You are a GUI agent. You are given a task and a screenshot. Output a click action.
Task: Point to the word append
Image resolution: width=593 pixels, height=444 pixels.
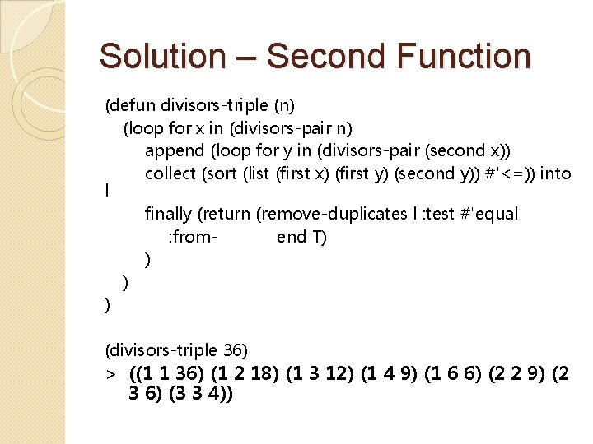[x=174, y=150]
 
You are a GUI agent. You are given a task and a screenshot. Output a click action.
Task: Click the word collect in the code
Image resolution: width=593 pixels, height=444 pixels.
[x=170, y=173]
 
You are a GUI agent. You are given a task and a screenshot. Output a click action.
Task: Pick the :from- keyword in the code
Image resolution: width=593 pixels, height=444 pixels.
[x=194, y=238]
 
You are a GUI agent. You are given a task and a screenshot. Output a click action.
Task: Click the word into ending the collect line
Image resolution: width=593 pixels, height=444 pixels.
[x=555, y=173]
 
